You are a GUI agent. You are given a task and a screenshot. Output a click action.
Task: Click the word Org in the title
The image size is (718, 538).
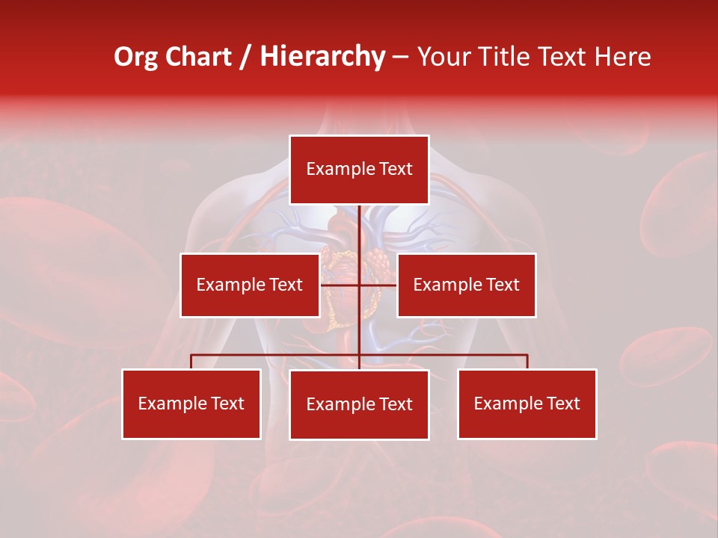[x=135, y=57]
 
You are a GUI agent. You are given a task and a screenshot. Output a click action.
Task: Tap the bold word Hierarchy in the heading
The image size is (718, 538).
[x=322, y=57]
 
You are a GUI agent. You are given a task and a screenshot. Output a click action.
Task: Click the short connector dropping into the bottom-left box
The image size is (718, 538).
[x=191, y=362]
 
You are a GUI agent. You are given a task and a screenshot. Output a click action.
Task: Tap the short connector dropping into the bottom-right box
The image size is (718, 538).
[x=527, y=362]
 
